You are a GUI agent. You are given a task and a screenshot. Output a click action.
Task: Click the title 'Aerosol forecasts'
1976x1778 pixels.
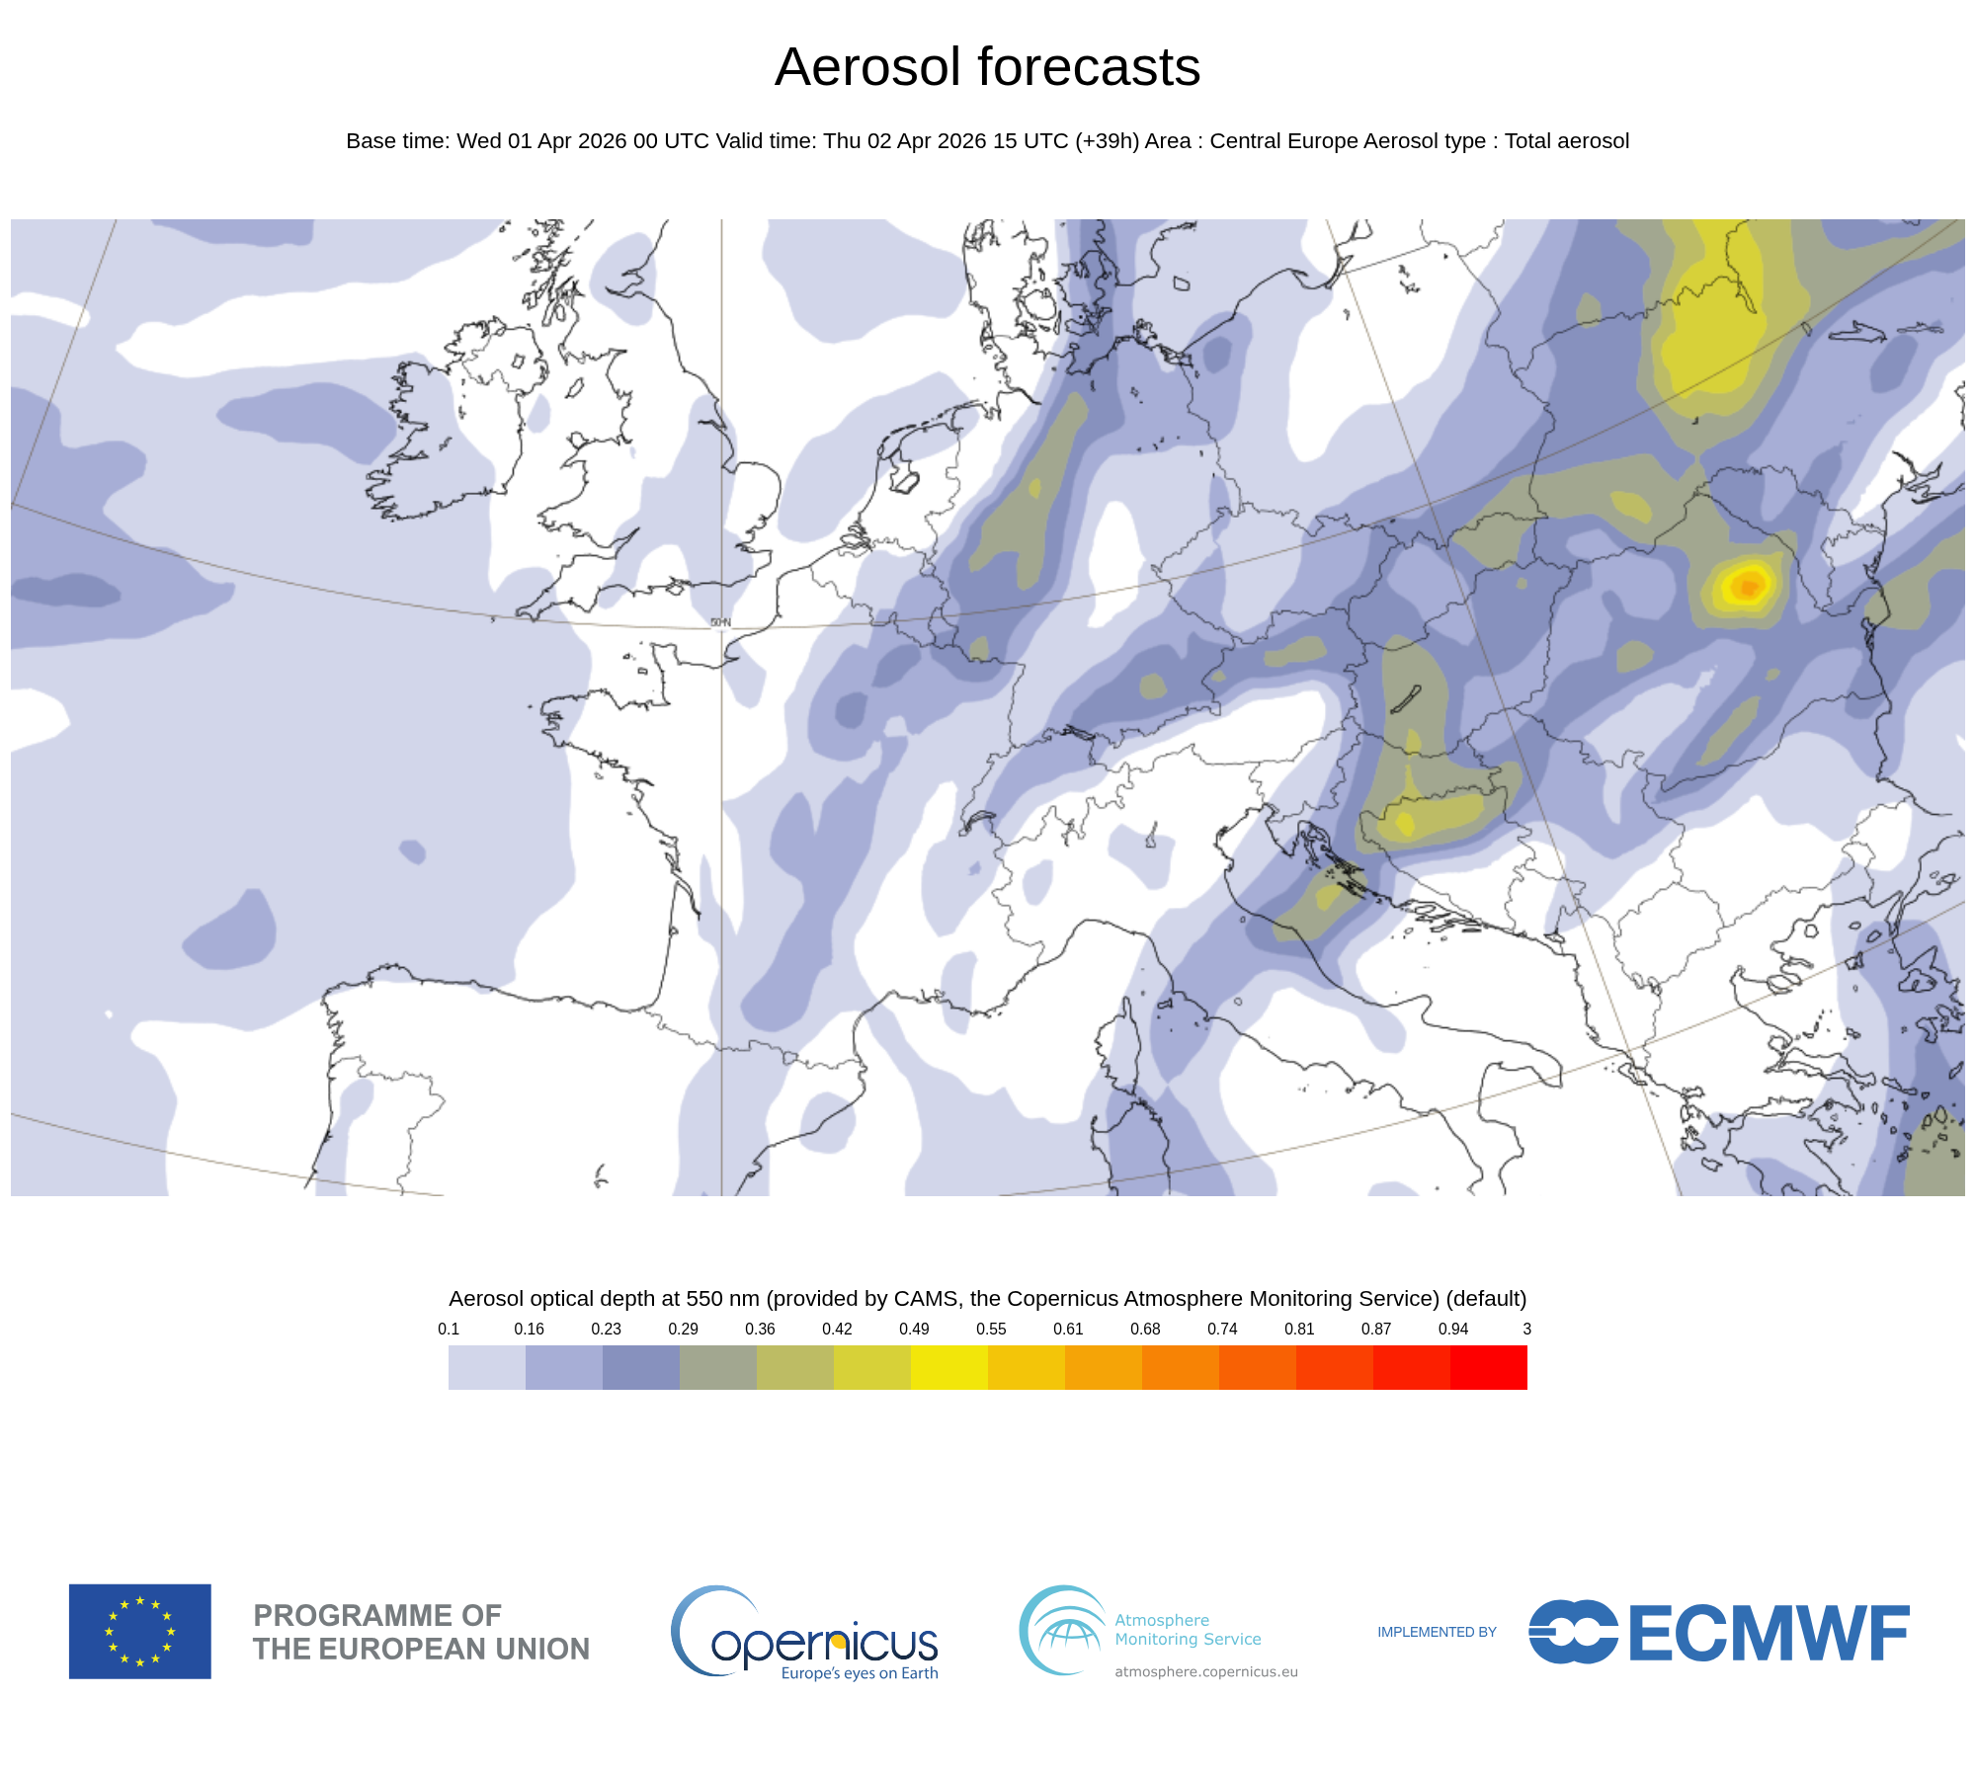pos(987,67)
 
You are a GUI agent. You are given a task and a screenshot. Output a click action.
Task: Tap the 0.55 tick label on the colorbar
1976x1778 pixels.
pos(991,1329)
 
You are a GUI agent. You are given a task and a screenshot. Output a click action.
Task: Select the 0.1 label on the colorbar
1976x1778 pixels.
pos(449,1329)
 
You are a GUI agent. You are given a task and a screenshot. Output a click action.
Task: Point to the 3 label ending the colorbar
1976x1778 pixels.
pos(1526,1329)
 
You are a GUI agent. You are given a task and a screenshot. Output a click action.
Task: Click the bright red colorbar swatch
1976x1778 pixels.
pos(1489,1367)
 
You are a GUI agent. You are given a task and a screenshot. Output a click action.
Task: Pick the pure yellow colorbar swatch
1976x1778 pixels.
pos(948,1367)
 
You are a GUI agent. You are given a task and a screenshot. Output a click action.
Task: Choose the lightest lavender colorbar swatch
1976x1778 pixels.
pos(486,1367)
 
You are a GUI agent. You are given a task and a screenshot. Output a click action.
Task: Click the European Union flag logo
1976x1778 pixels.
pos(139,1631)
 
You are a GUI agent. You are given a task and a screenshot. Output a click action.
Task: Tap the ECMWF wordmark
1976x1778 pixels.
pos(1768,1633)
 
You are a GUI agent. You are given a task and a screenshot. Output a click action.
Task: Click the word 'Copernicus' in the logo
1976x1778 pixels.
pos(824,1643)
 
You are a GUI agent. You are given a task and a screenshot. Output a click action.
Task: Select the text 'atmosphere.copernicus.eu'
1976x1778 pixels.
pos(1205,1671)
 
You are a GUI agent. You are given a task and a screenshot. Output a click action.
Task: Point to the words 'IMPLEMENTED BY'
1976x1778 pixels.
pos(1437,1632)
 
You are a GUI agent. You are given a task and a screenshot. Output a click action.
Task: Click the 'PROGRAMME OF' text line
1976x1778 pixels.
pos(377,1615)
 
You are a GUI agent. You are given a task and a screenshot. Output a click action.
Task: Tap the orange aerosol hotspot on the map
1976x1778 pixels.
pos(1748,586)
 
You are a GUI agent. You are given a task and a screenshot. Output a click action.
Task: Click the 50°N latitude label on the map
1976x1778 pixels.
pos(720,622)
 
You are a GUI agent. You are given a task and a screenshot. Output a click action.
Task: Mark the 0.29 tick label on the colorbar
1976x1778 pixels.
pos(683,1329)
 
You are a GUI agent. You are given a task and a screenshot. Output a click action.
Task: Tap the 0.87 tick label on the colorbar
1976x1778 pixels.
pos(1376,1329)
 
